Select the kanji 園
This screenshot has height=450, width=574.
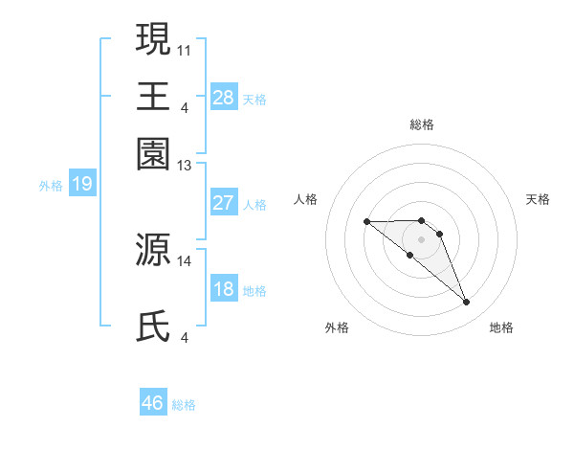154,153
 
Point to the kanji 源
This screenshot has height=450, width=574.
154,249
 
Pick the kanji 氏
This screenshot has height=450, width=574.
154,326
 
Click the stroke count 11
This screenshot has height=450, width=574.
185,47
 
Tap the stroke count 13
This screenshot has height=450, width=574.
185,166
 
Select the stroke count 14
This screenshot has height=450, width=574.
185,260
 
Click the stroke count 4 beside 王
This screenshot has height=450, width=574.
185,106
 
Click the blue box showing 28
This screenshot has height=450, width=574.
224,98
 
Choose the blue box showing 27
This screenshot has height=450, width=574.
224,203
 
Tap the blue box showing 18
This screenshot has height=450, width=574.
224,289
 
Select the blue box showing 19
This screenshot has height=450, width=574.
82,185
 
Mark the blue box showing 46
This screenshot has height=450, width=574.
153,403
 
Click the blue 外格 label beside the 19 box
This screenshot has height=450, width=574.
51,186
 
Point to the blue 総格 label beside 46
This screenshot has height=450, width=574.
184,405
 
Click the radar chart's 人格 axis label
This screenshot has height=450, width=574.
306,199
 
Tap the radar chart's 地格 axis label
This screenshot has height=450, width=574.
501,327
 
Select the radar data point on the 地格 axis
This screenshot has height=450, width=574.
467,303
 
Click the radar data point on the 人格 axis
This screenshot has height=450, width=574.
367,222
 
